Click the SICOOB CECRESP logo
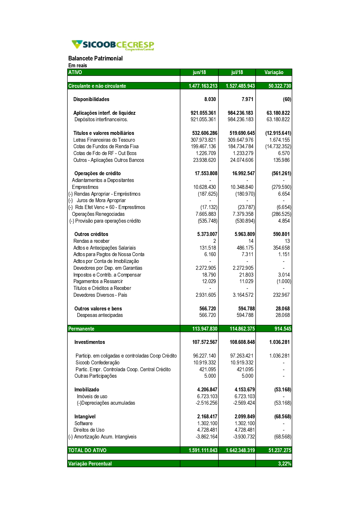(x=113, y=45)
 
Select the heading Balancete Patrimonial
(x=95, y=58)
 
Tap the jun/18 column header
(x=199, y=72)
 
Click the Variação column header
(x=274, y=72)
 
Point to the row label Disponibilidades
(x=91, y=99)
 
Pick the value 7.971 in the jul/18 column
(x=247, y=99)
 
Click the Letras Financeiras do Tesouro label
(x=104, y=140)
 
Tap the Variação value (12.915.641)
(x=278, y=133)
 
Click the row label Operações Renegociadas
(x=98, y=214)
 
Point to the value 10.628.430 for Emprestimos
(x=204, y=187)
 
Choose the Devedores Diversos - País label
(x=100, y=295)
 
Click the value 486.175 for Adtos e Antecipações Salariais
(x=245, y=248)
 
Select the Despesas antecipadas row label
(x=100, y=315)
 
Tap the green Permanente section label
(x=81, y=329)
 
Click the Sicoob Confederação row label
(x=97, y=363)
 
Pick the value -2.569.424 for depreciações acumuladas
(x=244, y=403)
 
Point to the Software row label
(x=83, y=423)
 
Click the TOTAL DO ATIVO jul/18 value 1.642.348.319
(x=240, y=450)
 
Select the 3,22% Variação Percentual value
(x=284, y=464)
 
